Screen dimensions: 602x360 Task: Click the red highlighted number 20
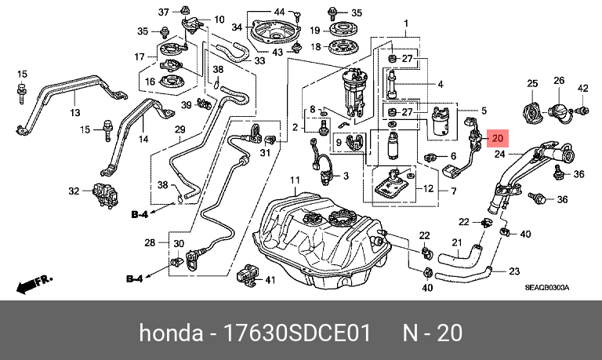coord(497,138)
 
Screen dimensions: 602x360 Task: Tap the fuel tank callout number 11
coord(295,180)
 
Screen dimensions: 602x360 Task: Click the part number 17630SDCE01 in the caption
coord(297,333)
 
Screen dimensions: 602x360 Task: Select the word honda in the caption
coord(171,333)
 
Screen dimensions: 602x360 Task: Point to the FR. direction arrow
coord(34,284)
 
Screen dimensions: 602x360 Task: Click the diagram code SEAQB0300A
coord(547,288)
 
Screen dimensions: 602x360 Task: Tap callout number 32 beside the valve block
coord(74,191)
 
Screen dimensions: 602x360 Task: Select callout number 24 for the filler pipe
coord(500,155)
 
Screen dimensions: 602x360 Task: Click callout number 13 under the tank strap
coord(75,113)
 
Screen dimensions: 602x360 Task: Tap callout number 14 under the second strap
coord(143,139)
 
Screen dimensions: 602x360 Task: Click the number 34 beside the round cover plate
coord(237,27)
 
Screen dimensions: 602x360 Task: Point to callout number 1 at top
coord(406,24)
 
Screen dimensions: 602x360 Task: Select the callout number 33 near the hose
coord(259,60)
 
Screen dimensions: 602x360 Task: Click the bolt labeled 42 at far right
coord(582,111)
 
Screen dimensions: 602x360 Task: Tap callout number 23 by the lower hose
coord(514,271)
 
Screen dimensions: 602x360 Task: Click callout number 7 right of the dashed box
coord(453,191)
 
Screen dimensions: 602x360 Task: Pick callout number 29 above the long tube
coord(180,130)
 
